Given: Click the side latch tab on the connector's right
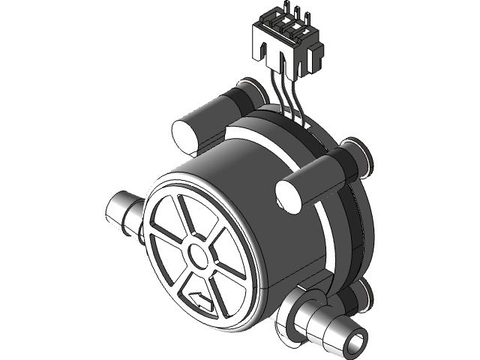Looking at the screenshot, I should pos(316,52).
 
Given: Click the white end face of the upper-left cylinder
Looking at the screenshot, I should pos(184,134).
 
